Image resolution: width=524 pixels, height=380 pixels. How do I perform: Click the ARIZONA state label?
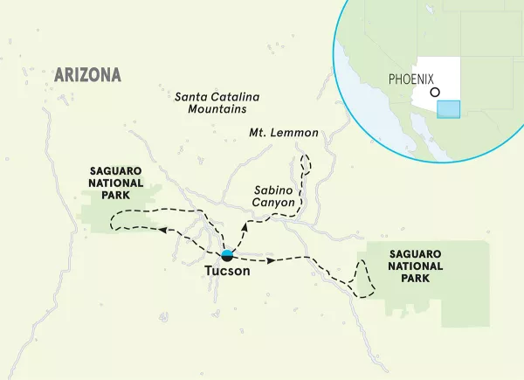point(87,74)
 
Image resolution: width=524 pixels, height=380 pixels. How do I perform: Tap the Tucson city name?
point(227,272)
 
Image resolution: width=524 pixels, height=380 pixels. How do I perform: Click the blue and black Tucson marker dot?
point(227,255)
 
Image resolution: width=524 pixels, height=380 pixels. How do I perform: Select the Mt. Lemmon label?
point(284,135)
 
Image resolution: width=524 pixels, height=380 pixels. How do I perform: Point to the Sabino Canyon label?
point(273,196)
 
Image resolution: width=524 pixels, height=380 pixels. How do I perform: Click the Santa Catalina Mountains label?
point(217,103)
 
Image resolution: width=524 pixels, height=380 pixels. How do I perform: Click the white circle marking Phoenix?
point(436,91)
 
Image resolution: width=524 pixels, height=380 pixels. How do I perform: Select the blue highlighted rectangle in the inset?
point(448,108)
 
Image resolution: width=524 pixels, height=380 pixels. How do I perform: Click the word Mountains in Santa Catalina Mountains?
point(217,111)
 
